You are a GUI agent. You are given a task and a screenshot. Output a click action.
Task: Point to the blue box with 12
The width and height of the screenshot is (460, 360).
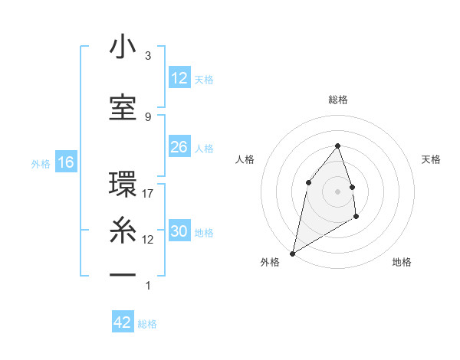(x=179, y=78)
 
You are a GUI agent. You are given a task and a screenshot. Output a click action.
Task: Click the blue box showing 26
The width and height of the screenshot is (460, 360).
(x=179, y=147)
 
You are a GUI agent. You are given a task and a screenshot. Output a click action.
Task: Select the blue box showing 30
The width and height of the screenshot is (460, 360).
(x=179, y=231)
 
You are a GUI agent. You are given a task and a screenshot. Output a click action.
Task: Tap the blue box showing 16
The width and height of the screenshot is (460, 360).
(x=65, y=162)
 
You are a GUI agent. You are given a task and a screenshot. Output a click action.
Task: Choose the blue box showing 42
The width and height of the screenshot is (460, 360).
(x=123, y=322)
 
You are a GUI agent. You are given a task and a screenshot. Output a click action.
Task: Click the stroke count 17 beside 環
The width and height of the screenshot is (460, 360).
(x=149, y=194)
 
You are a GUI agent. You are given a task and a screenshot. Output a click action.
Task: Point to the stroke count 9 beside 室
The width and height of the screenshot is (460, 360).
(x=148, y=116)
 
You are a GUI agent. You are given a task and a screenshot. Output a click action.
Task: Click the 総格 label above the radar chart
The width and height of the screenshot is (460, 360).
(x=337, y=100)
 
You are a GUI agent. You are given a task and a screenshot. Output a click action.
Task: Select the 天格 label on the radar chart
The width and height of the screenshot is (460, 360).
(x=432, y=159)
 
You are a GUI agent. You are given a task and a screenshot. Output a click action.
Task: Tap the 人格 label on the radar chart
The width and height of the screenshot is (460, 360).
(x=245, y=159)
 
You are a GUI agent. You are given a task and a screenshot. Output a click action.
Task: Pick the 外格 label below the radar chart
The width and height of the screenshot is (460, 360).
(x=269, y=262)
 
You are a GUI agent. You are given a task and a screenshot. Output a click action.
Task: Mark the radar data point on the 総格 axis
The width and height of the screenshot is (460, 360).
(x=337, y=146)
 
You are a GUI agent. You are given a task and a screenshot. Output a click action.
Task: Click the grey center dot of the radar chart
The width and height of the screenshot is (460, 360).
(x=337, y=191)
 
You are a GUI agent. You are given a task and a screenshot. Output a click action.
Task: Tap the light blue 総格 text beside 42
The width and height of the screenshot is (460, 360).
(x=147, y=324)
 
